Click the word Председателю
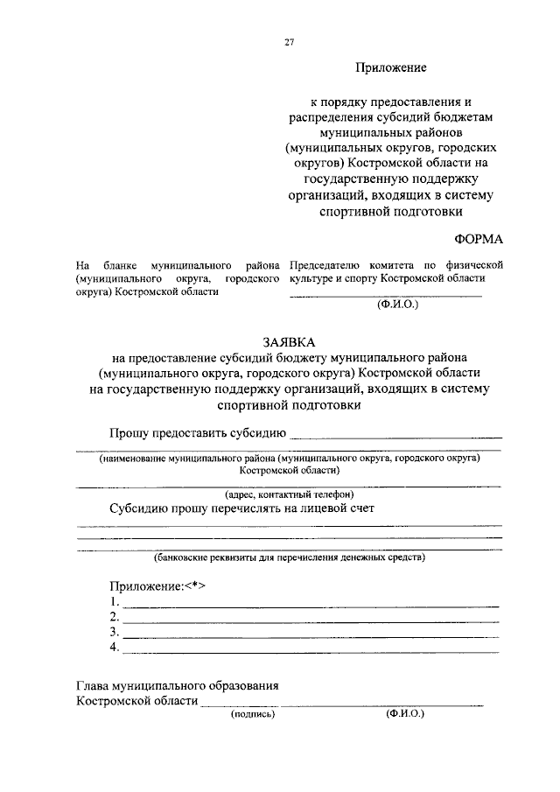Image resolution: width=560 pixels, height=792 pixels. [329, 263]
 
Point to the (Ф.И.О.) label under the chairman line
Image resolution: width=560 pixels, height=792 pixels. [397, 306]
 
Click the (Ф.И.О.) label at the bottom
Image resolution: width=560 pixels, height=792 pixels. [404, 713]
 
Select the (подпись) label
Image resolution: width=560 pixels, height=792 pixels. [253, 714]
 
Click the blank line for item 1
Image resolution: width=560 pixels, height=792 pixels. [311, 605]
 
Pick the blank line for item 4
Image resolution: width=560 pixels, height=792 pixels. [311, 652]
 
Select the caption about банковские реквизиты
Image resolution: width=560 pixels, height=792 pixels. [289, 557]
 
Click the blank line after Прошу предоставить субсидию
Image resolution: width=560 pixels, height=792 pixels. [395, 435]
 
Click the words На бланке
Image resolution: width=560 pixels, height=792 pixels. [102, 263]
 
